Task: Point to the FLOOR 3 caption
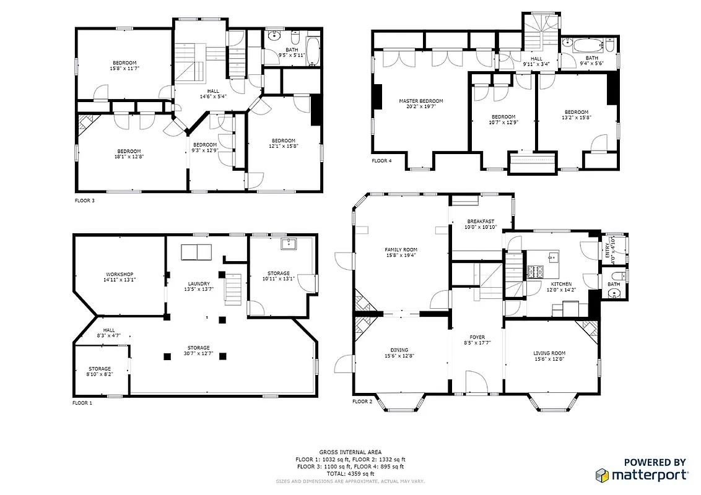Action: pyautogui.click(x=85, y=200)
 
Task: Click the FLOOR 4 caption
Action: pyautogui.click(x=381, y=161)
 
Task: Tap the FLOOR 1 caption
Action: pyautogui.click(x=82, y=403)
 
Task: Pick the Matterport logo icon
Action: pyautogui.click(x=603, y=475)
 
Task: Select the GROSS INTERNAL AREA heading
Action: pyautogui.click(x=350, y=452)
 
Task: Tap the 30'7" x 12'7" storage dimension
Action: pyautogui.click(x=199, y=354)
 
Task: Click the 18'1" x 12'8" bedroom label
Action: pyautogui.click(x=129, y=155)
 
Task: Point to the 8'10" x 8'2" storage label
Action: pyautogui.click(x=99, y=372)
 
